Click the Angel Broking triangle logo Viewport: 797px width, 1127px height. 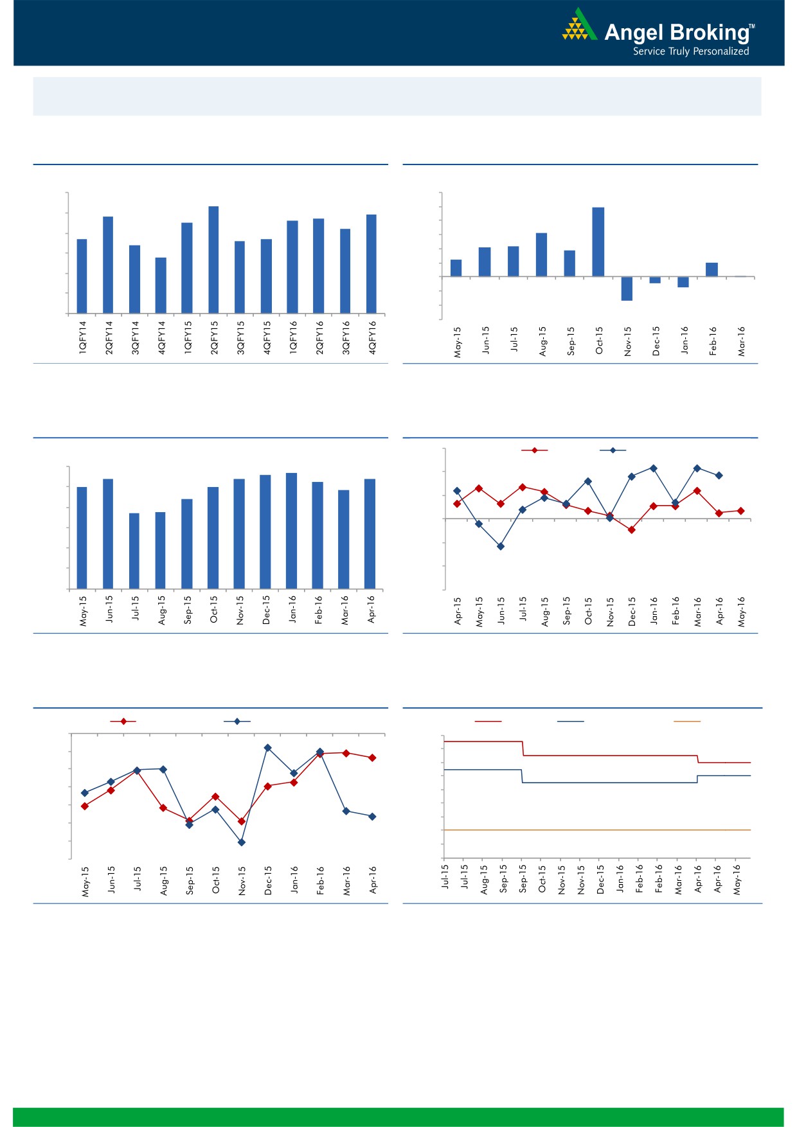(579, 26)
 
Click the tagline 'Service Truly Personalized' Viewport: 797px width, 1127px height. (691, 51)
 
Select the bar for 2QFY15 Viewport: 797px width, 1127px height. (213, 260)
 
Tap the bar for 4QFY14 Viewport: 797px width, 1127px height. (161, 285)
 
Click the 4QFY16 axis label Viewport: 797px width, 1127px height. (372, 338)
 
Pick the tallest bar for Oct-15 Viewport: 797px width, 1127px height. (598, 242)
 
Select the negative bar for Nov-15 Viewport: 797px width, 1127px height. (627, 288)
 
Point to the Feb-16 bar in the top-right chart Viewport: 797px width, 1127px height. (712, 269)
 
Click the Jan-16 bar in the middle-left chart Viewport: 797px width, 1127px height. (291, 531)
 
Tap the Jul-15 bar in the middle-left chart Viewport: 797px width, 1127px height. (134, 551)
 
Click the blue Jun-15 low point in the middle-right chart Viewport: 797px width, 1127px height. (501, 547)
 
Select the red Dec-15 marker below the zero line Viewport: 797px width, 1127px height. (631, 530)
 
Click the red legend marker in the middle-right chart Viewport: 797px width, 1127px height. (534, 450)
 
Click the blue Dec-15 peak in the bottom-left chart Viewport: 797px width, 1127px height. (268, 748)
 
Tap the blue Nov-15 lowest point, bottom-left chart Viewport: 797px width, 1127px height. (242, 842)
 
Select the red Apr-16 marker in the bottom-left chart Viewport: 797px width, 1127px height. (372, 758)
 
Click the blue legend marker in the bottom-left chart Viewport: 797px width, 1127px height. (237, 722)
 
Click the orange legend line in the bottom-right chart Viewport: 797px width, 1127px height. (686, 722)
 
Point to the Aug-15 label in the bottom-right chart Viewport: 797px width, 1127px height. (484, 880)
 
